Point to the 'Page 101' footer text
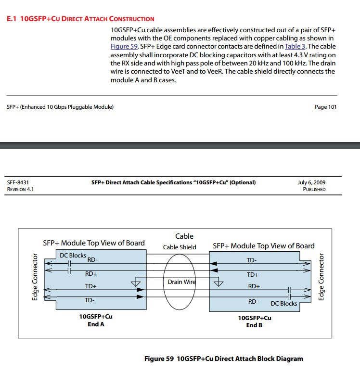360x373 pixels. pos(325,107)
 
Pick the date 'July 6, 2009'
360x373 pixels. pos(311,182)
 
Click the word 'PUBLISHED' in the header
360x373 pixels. pos(314,189)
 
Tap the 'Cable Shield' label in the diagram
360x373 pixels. pos(180,247)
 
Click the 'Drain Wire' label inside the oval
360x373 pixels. pos(181,282)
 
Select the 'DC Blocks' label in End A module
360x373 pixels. pos(73,255)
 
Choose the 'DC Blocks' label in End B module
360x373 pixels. pos(284,304)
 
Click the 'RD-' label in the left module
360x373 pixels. pos(92,260)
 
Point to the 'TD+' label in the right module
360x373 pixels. pos(253,275)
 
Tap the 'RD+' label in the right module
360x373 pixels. pos(254,286)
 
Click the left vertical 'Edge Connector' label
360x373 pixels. pos(35,278)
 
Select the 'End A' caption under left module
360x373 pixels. pos(96,324)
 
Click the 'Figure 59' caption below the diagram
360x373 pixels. pos(224,359)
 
